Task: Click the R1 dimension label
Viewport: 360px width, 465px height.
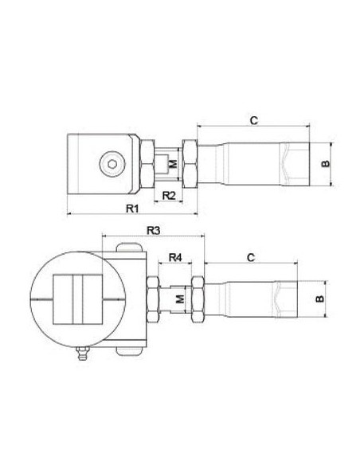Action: coord(132,208)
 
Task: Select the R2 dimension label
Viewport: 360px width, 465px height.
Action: coord(169,195)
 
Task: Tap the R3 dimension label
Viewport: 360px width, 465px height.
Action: coord(154,230)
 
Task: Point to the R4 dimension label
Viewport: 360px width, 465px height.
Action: coord(175,257)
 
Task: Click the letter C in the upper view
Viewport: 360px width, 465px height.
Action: coord(254,120)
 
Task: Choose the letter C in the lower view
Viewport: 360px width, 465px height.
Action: coord(251,257)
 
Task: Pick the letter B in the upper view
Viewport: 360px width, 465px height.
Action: coord(326,163)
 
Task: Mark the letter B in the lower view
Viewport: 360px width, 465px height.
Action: coord(320,299)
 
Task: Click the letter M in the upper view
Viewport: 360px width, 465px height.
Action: coord(173,164)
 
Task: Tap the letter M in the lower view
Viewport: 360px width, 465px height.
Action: coord(180,299)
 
